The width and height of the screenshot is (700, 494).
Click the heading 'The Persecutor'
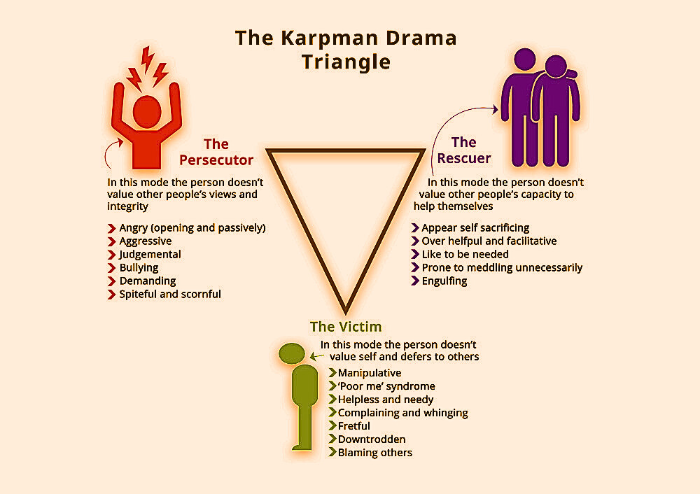pos(216,152)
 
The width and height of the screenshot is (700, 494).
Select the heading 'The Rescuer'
pos(463,150)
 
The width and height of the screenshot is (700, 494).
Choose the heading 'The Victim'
pos(346,327)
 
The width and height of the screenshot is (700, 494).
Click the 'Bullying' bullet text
pos(139,267)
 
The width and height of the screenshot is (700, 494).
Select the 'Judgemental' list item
pos(150,254)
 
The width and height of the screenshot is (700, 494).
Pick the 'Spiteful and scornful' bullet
pos(170,294)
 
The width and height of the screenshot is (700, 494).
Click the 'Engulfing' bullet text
pos(444,281)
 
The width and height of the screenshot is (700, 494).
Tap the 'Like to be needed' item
pos(465,254)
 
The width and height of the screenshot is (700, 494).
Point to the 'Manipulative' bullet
pos(370,373)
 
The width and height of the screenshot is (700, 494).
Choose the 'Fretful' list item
pos(354,425)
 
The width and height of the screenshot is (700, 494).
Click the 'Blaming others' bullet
pos(375,452)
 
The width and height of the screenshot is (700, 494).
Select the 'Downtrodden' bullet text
pos(372,439)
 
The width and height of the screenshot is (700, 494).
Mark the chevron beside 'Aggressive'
pos(111,241)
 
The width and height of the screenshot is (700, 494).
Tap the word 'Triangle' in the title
pos(346,62)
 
